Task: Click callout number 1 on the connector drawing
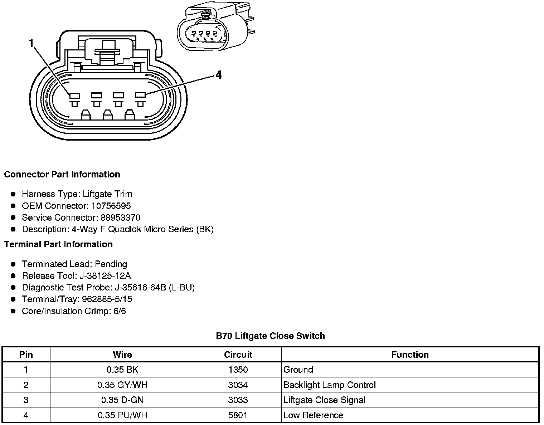coord(31,44)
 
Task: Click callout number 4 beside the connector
coord(218,75)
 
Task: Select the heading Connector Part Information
coord(62,175)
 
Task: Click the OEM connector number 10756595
coord(111,206)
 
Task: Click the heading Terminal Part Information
coord(58,244)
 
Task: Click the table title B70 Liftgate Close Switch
coord(270,336)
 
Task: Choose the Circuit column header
coord(238,355)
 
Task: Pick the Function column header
coord(410,355)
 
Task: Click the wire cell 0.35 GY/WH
coord(122,385)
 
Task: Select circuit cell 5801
coord(238,415)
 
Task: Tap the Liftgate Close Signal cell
coord(324,400)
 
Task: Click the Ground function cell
coord(298,370)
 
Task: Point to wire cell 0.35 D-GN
coord(122,400)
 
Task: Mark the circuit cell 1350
coord(238,370)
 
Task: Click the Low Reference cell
coord(313,415)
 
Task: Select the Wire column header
coord(122,355)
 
